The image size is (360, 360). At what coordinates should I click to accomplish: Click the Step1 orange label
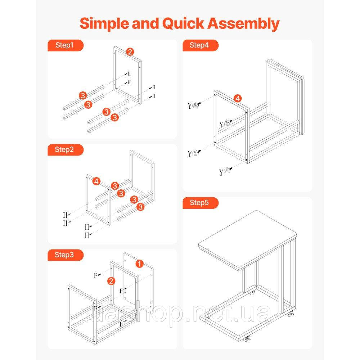pos(66,45)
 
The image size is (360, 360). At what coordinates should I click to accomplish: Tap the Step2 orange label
pos(66,150)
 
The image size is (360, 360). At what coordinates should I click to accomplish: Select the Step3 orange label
pos(66,255)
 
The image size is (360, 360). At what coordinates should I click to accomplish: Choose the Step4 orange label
pos(201,45)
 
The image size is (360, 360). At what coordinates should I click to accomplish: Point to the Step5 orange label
pos(201,203)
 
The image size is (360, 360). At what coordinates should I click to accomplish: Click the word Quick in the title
pos(183,24)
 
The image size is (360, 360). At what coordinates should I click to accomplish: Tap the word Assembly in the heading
pos(244,24)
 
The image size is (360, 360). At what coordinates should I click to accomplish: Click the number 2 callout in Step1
pos(130,52)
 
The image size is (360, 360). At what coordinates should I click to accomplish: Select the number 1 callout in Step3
pos(139,264)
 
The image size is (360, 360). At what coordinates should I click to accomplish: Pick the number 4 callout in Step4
pos(238,99)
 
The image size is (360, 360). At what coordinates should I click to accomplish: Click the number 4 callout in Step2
pos(96,181)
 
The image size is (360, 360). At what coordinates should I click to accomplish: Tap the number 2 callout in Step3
pos(111,281)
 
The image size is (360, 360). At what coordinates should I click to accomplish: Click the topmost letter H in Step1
pos(129,74)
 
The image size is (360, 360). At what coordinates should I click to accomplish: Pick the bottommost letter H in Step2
pos(87,235)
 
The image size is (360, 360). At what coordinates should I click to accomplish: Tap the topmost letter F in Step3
pos(96,275)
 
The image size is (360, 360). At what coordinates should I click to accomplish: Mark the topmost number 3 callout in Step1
pos(83,95)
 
